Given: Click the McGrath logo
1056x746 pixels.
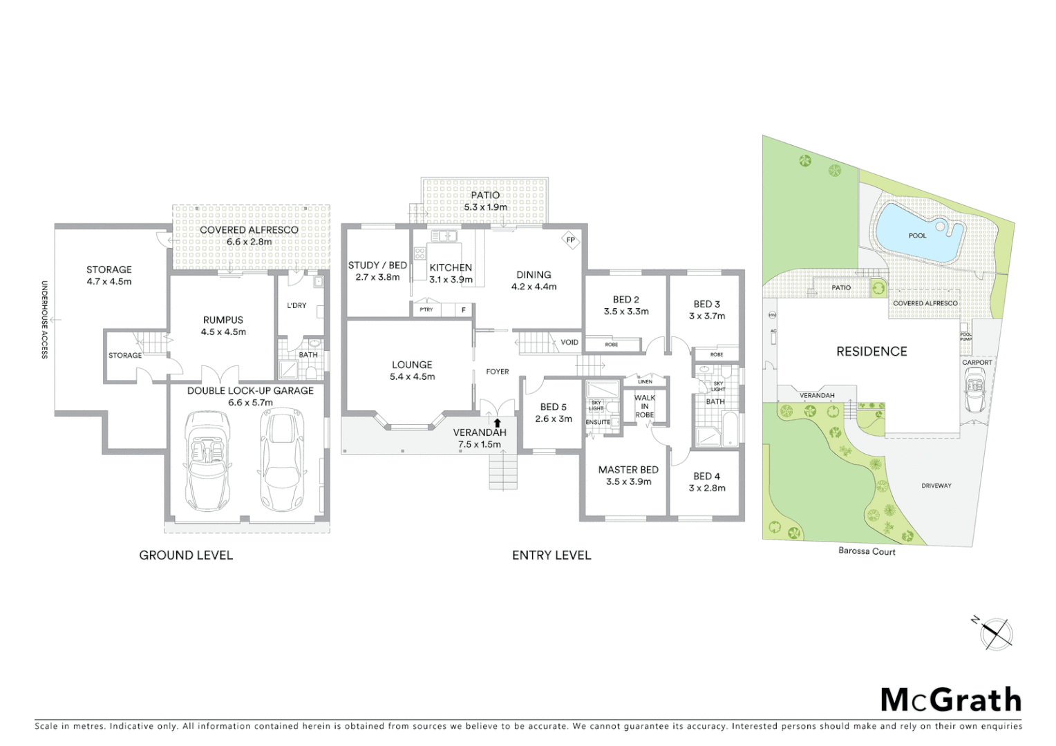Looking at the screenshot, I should point(950,700).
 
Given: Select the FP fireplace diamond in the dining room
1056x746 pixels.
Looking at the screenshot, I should point(571,240).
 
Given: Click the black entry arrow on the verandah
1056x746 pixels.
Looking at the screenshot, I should point(497,421).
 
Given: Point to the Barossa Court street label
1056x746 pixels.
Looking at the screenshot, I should point(867,551).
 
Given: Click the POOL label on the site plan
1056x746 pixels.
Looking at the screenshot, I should point(917,236).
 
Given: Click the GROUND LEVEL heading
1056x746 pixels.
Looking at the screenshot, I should point(186,555).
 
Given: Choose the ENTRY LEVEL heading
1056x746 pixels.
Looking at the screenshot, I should point(551,555).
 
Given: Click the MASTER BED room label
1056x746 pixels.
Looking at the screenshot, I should point(628,470).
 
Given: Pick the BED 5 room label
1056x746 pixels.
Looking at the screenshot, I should point(553,407).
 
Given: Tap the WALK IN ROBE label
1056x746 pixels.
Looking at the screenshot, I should point(644,406).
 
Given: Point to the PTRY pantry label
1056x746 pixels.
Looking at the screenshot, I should point(426,309).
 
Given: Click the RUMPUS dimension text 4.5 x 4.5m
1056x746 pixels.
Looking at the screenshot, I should point(223,332).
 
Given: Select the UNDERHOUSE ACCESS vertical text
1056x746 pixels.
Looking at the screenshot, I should point(44,319).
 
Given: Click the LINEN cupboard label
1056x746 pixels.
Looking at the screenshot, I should point(645,381).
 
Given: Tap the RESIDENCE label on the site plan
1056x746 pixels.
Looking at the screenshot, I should point(871,352).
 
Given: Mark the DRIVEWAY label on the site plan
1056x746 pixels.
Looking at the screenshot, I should point(936,486).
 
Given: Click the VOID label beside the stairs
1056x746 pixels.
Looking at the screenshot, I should point(569,342).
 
